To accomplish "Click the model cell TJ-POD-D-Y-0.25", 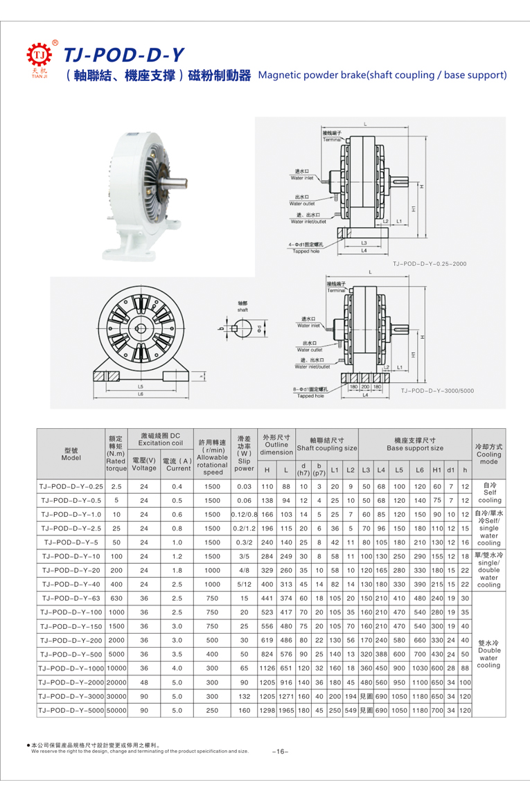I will (71, 486).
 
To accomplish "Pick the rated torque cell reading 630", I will (116, 598).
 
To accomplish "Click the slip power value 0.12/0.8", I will (244, 514).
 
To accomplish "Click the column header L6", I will (419, 470).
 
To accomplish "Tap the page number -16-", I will (280, 751).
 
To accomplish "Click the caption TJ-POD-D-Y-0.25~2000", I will (430, 264).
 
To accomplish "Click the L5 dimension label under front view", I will (140, 386).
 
